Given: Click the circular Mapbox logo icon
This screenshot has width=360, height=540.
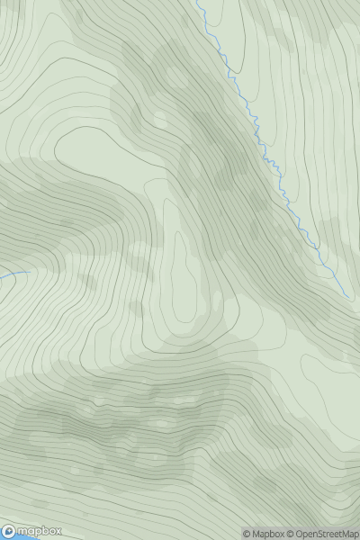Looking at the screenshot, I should [x=9, y=532].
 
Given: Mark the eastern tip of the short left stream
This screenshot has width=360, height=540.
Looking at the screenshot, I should [x=30, y=270].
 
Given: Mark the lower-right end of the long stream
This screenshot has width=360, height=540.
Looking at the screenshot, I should [x=349, y=296].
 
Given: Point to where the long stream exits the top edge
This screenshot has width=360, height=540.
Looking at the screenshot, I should [x=197, y=2].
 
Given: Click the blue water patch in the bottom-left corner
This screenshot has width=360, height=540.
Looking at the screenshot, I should [x=4, y=537].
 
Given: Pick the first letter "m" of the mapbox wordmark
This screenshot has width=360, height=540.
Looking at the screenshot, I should [x=23, y=532].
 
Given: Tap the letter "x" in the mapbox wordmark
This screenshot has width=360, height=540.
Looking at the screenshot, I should [x=56, y=532].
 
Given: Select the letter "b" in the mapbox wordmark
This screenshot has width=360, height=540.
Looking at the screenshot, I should [x=41, y=531].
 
